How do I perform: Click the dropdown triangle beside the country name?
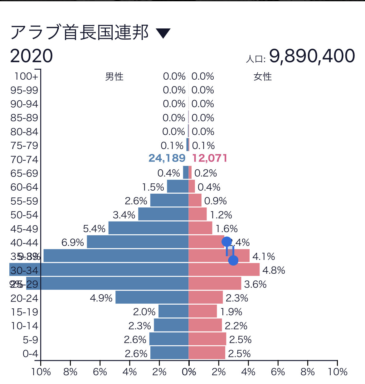point(163,33)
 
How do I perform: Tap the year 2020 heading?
point(32,56)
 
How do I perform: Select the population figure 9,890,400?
point(312,56)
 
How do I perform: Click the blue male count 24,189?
point(167,158)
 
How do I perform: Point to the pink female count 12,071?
point(210,158)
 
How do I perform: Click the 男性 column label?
point(114,77)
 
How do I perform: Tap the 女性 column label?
point(263,77)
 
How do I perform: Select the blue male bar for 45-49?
point(148,228)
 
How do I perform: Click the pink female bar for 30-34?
point(224,270)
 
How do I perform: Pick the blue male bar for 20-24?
point(152,297)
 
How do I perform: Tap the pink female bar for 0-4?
point(207,353)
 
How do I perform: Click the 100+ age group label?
point(26,76)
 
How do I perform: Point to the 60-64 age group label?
point(24,187)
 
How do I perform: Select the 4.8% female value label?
point(274,270)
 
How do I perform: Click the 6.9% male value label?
point(73,242)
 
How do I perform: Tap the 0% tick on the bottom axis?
point(189,372)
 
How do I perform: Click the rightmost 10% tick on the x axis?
point(338,372)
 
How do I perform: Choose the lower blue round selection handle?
point(233,260)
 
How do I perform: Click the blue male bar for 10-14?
point(171,325)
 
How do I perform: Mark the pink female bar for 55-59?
point(195,200)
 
